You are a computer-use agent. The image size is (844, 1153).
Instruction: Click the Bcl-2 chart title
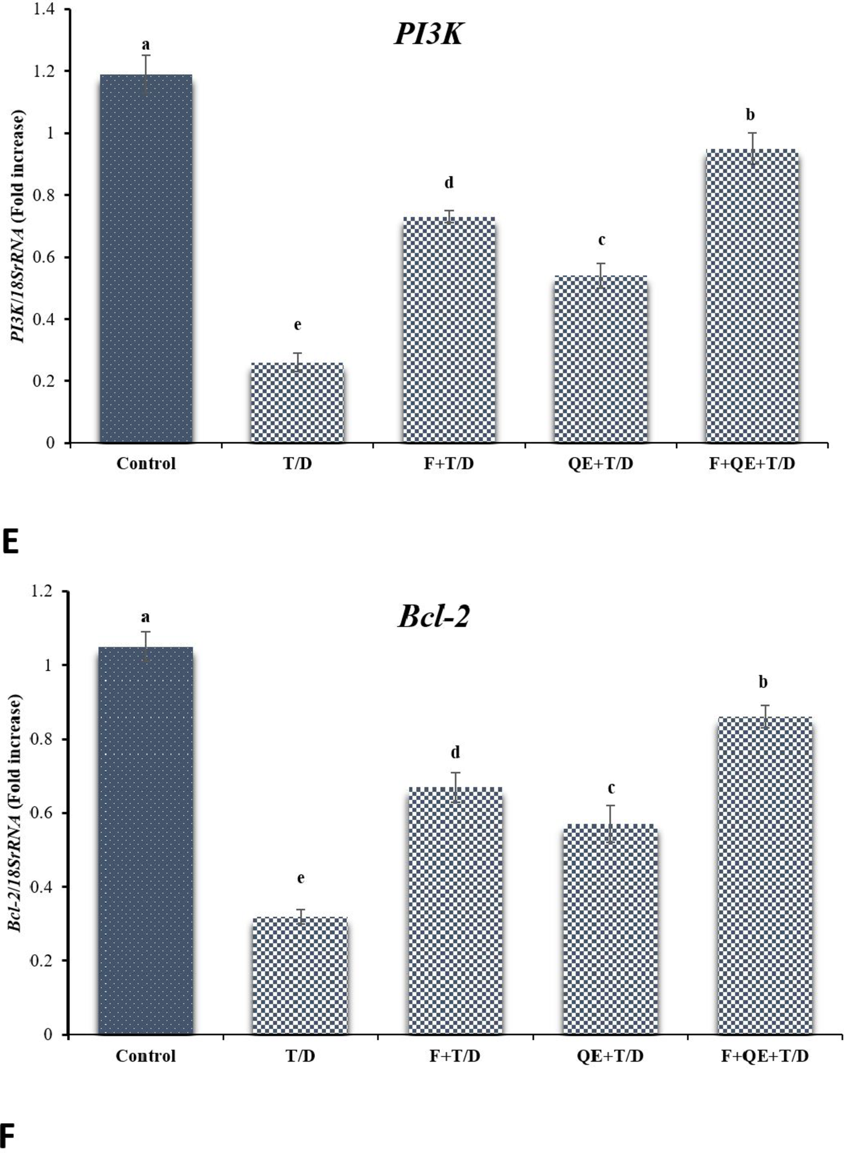[432, 617]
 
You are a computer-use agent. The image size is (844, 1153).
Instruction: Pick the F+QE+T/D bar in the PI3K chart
[752, 296]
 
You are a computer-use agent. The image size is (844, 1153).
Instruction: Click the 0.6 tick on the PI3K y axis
[44, 257]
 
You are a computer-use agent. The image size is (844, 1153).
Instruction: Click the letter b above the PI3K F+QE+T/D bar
[750, 114]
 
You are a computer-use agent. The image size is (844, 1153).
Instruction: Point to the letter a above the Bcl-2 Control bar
[145, 618]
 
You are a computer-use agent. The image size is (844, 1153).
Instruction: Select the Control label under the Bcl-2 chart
[145, 1055]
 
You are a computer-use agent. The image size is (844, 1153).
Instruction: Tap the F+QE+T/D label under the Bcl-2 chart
[764, 1055]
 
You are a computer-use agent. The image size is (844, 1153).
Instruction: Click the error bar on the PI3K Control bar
[146, 74]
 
